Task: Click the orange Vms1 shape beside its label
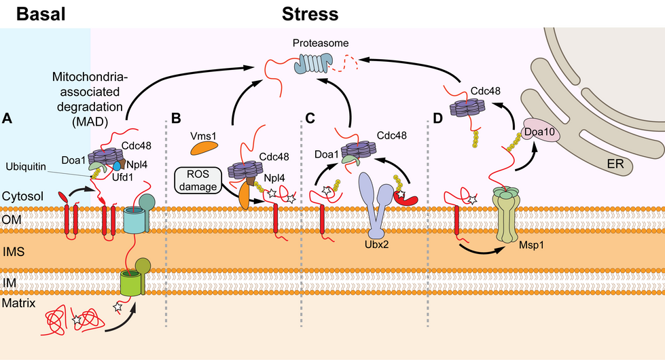tap(204, 145)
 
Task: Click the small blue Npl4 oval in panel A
tap(118, 164)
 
